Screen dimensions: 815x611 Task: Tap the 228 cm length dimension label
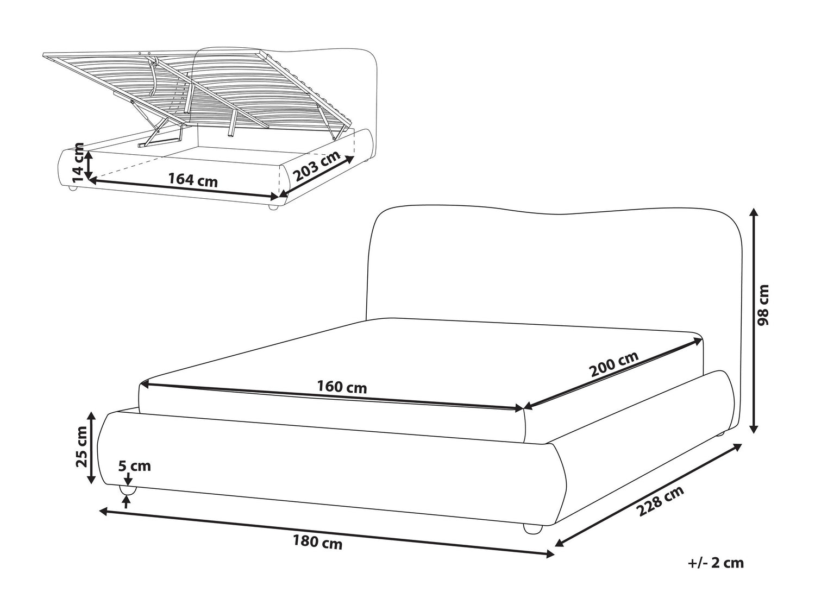(660, 501)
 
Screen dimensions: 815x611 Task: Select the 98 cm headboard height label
(762, 305)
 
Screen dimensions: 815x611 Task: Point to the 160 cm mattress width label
(342, 387)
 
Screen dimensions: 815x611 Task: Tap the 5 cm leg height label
(134, 466)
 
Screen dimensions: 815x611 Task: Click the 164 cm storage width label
(193, 180)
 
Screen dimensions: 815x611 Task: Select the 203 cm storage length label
(317, 166)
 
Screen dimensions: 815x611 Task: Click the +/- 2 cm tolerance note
(716, 573)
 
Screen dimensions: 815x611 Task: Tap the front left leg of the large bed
(128, 490)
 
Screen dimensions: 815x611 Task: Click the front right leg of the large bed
(532, 529)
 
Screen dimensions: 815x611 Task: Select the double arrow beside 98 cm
(754, 320)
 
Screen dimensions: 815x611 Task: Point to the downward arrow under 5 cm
(128, 478)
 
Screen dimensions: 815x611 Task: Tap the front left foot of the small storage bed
(72, 188)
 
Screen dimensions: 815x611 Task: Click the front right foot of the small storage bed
(273, 208)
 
